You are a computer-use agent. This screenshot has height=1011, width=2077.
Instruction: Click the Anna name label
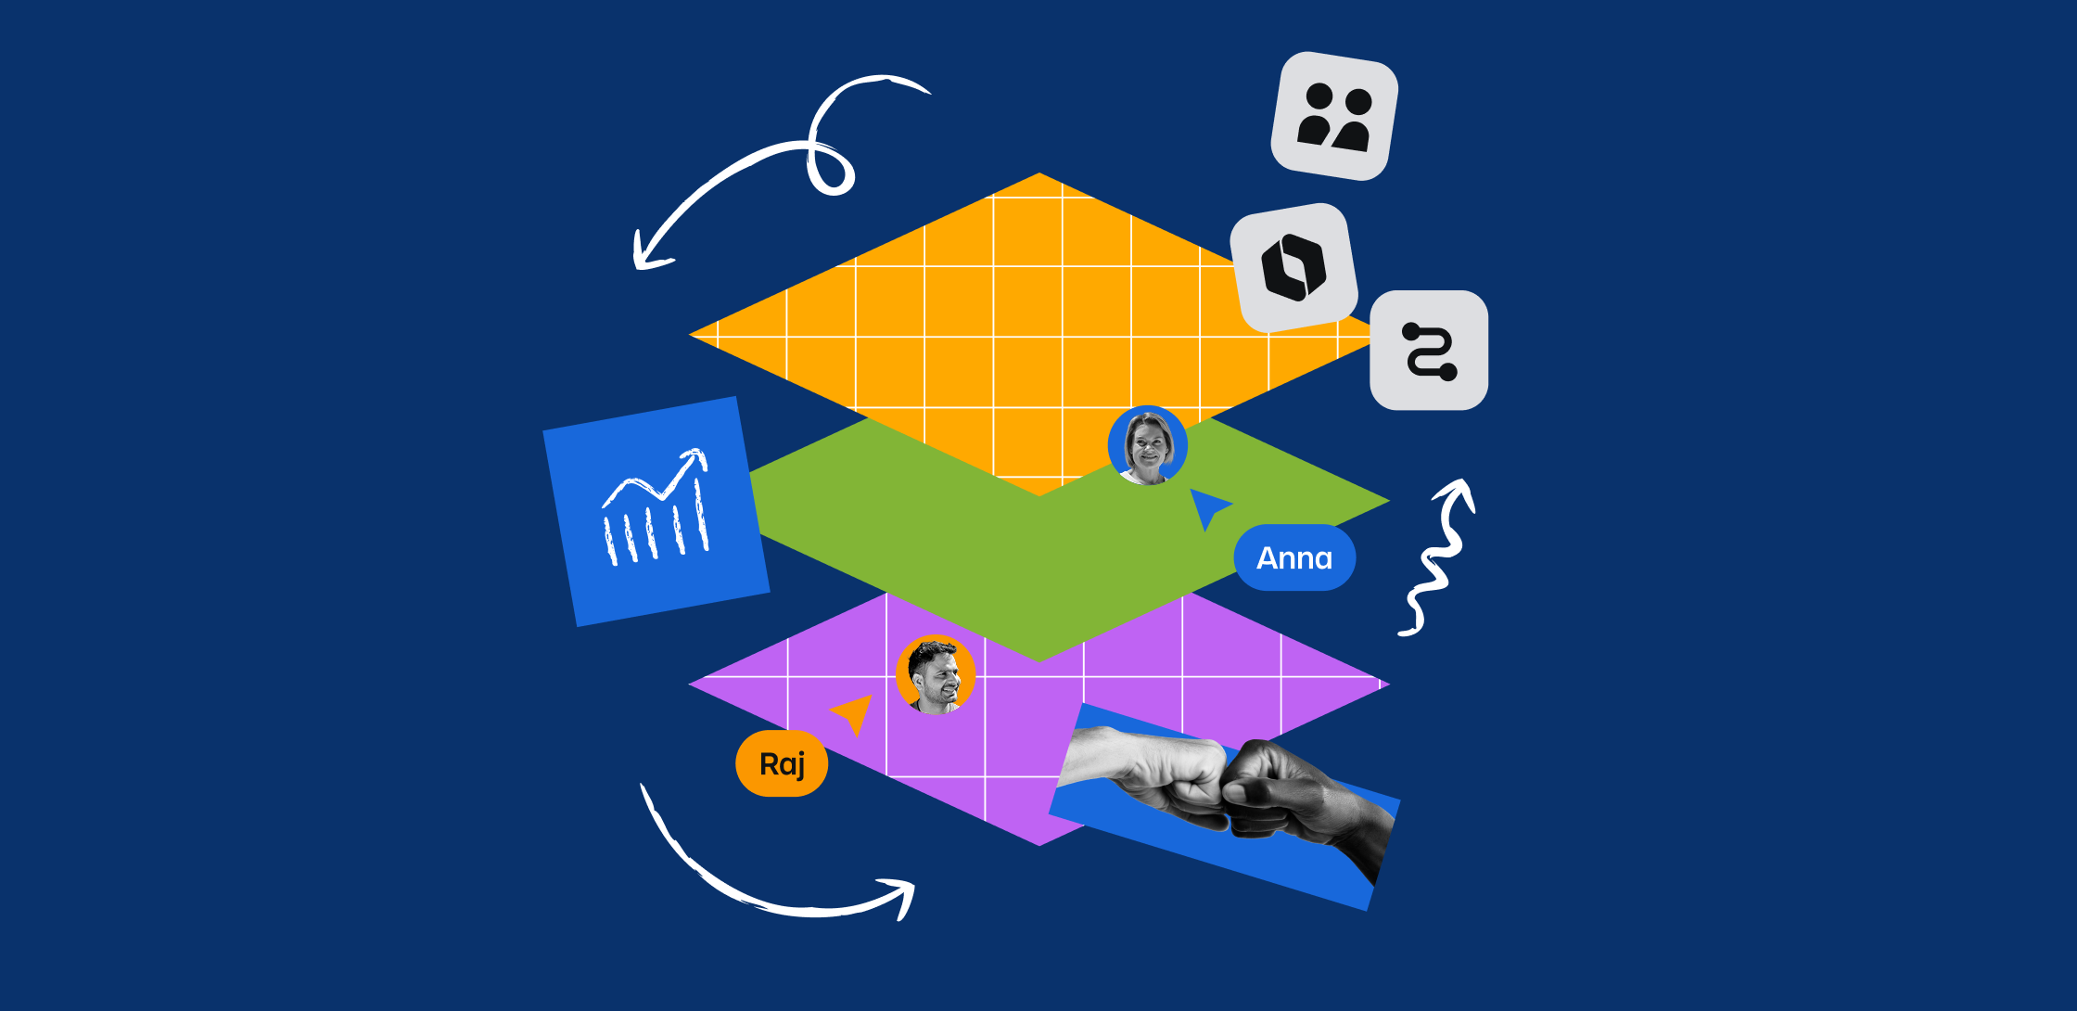tap(1294, 557)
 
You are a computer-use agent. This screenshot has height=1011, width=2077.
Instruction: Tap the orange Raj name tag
tap(782, 764)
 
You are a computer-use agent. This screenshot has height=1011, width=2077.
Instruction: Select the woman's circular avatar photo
tap(1148, 446)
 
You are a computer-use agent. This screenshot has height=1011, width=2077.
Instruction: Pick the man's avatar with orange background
tap(935, 674)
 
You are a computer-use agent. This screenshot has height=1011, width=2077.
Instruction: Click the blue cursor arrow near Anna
tap(1206, 506)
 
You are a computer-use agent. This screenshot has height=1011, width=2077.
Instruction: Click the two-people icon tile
tap(1333, 117)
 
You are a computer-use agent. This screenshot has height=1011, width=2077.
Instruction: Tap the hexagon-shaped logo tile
tap(1293, 267)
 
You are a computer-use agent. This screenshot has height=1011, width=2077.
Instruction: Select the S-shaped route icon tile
tap(1429, 351)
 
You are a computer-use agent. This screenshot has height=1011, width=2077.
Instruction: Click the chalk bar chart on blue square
tap(656, 512)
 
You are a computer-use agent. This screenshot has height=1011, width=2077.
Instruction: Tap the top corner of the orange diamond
tap(1038, 175)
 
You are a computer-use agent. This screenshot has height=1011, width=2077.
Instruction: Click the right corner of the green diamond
tap(1385, 501)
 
